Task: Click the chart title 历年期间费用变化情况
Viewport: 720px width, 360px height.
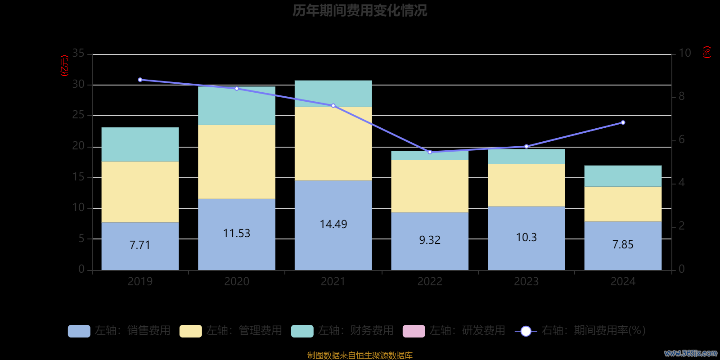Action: tap(360, 10)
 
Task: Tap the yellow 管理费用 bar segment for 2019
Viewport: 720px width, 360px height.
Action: tap(140, 192)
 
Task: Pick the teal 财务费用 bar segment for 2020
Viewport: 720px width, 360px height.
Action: tap(237, 106)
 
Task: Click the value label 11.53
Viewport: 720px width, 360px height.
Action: tap(237, 233)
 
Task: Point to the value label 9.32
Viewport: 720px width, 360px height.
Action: tap(430, 240)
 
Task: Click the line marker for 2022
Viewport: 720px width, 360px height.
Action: tap(430, 152)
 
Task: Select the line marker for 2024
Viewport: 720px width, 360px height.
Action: tap(623, 122)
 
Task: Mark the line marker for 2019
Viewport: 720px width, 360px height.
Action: tap(140, 80)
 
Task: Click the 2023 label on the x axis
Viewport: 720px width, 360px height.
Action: tap(526, 282)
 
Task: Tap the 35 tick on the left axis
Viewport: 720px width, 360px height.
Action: tap(78, 54)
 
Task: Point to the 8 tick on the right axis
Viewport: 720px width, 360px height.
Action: tap(681, 96)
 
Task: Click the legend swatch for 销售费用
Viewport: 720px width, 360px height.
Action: tap(79, 331)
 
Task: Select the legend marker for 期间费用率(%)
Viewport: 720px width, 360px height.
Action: tap(526, 331)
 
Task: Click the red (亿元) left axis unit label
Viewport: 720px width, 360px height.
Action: tap(64, 66)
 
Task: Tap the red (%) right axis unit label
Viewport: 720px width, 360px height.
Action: tap(707, 52)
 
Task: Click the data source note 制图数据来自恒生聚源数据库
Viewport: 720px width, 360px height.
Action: tap(360, 355)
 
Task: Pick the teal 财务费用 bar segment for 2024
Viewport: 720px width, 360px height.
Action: tap(623, 176)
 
